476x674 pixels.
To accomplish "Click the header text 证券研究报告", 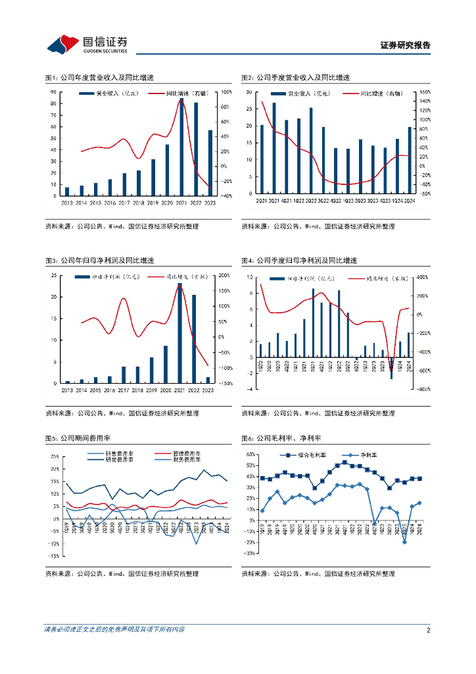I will (405, 45).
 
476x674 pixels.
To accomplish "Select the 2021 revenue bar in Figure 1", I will (181, 147).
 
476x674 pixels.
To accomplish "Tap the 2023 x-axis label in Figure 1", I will (210, 203).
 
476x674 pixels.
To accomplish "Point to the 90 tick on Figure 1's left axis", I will (53, 91).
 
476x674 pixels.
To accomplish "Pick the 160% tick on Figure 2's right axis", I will (423, 92).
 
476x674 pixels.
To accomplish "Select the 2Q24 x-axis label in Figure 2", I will (410, 201).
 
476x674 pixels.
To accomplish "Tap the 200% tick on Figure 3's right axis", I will (224, 275).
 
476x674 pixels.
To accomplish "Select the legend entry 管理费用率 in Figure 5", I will (186, 454).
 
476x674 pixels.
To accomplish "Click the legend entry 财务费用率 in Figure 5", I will (186, 460).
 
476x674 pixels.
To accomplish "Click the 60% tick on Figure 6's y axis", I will (250, 455).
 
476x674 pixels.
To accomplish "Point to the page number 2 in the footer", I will (428, 630).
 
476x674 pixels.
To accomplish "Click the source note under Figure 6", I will (318, 574).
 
